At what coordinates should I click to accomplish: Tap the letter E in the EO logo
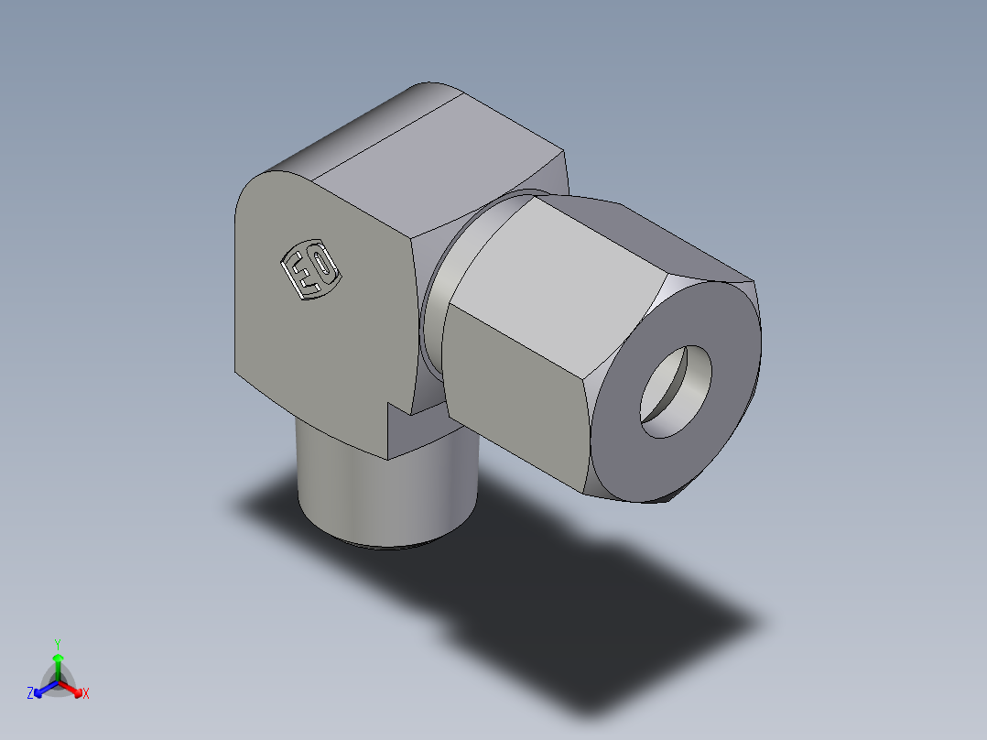coord(298,276)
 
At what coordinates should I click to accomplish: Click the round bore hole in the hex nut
coord(676,391)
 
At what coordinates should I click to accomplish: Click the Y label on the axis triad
coord(57,643)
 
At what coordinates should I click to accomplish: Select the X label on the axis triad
coord(86,694)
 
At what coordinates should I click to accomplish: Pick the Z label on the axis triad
coord(30,694)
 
